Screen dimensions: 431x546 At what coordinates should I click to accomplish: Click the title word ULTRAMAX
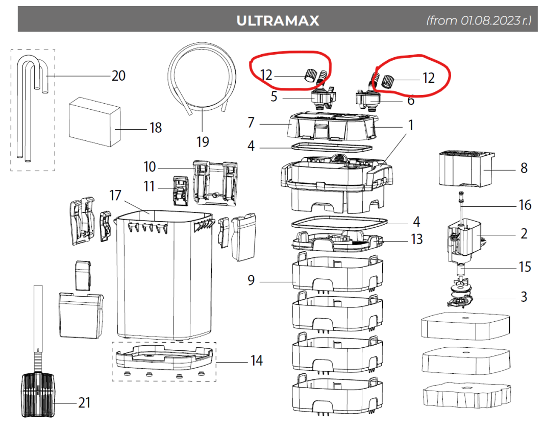[278, 21]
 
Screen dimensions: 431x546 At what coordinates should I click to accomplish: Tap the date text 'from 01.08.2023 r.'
[478, 21]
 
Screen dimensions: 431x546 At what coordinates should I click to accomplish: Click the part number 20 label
[118, 76]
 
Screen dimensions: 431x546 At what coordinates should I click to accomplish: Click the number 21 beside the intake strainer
[84, 402]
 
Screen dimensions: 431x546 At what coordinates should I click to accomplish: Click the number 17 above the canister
[115, 195]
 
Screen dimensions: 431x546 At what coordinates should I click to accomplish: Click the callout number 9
[251, 280]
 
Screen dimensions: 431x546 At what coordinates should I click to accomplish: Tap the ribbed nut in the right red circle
[389, 81]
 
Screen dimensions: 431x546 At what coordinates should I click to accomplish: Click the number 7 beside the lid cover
[251, 123]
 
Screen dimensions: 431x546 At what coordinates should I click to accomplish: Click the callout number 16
[524, 205]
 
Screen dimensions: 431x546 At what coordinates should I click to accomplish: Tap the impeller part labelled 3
[461, 297]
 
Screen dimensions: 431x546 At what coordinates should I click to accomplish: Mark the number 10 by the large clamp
[150, 166]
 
